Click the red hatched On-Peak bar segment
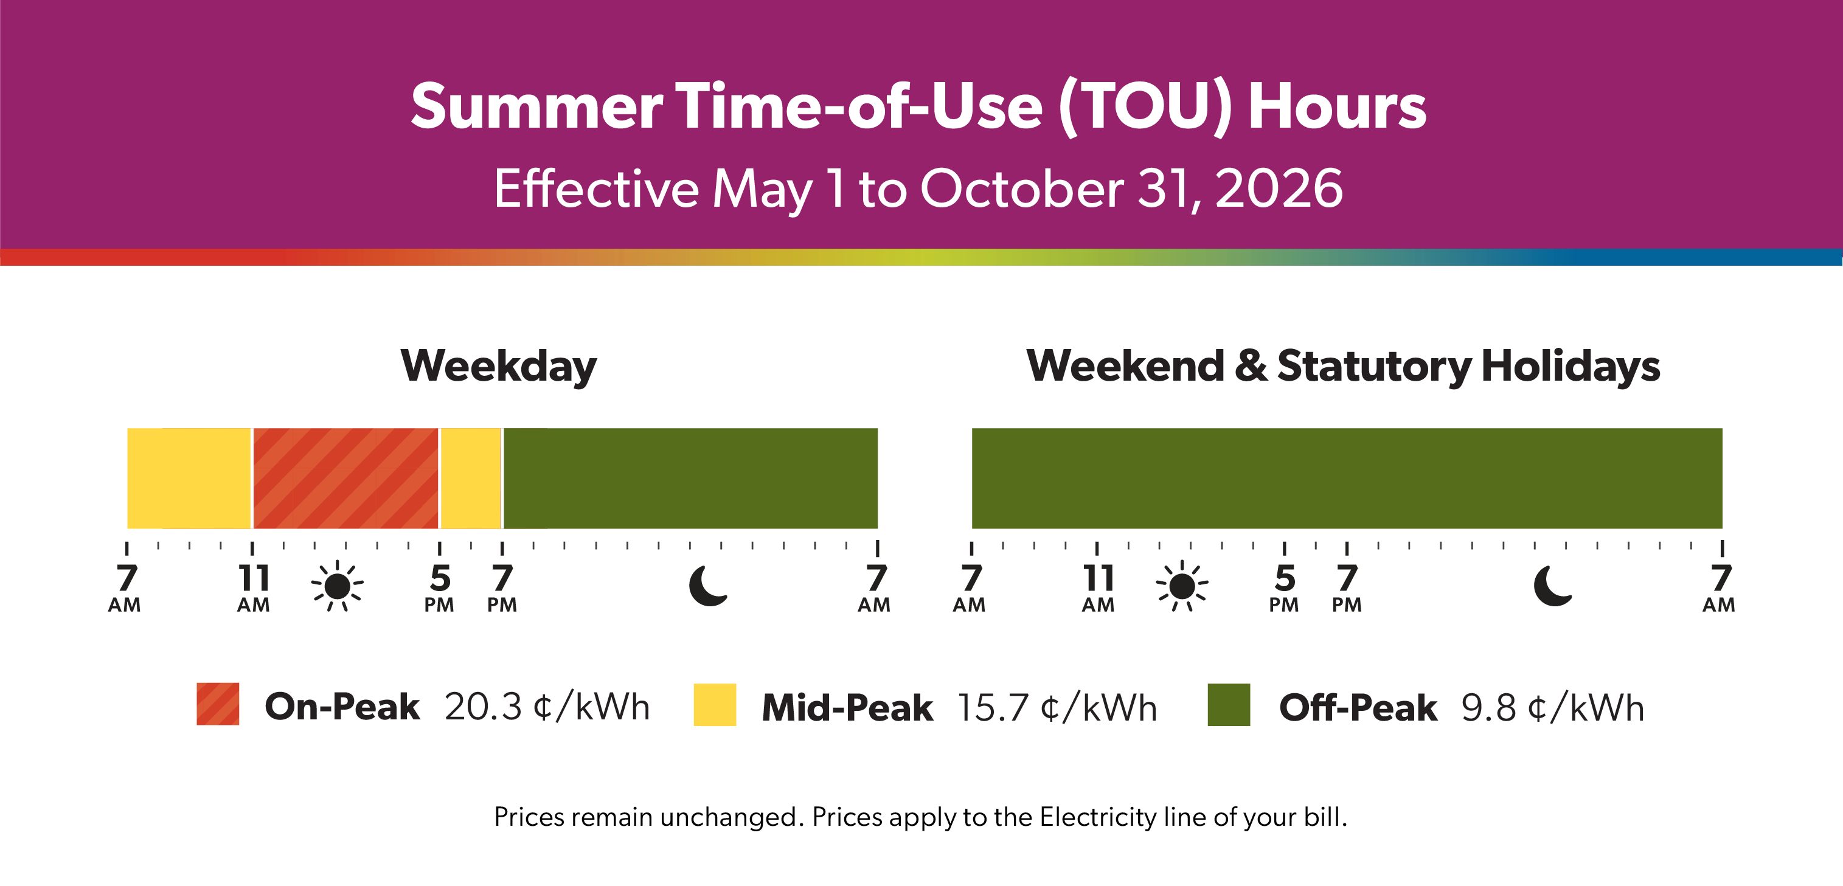(345, 478)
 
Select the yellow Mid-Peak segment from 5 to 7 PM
(471, 478)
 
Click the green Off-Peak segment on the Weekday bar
(690, 478)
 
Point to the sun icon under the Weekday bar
(337, 586)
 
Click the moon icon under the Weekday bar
(707, 586)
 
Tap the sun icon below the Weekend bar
(1182, 586)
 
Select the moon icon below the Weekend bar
(1552, 586)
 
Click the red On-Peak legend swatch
(218, 704)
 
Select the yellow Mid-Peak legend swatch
(715, 705)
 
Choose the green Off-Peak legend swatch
(1229, 705)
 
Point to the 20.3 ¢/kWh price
(547, 707)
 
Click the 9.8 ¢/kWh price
(1552, 707)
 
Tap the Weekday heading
(499, 366)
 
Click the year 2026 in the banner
(1279, 189)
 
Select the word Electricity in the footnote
(1097, 817)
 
